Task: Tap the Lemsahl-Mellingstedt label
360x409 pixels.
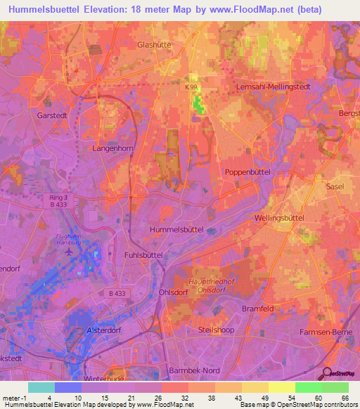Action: click(x=265, y=86)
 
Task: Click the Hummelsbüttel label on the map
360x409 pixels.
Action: click(x=177, y=230)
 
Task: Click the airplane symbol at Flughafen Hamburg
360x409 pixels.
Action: click(x=68, y=251)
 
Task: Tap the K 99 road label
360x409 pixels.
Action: click(x=192, y=87)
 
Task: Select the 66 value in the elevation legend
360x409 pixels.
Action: click(x=344, y=398)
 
